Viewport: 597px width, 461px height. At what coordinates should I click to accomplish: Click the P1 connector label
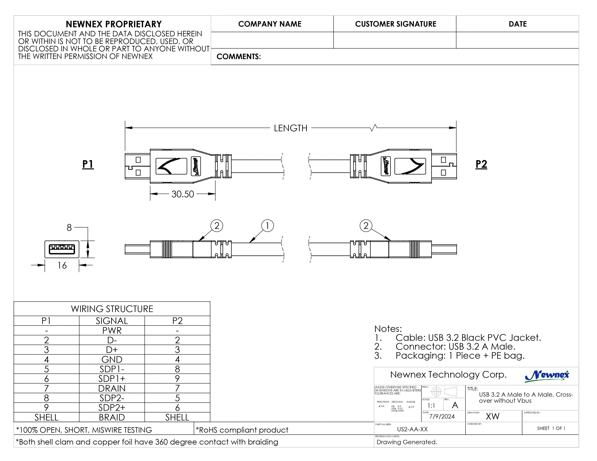pos(88,164)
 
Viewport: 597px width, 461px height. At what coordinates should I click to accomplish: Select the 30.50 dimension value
pos(183,194)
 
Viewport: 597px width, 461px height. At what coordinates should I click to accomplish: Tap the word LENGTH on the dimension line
pos(291,128)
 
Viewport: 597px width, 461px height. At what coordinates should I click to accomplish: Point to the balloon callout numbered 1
pos(267,226)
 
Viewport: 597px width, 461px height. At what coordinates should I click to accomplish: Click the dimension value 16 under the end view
pos(62,265)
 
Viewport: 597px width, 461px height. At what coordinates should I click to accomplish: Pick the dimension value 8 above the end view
pos(69,227)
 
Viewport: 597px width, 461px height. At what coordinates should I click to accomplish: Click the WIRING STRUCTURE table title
pos(112,309)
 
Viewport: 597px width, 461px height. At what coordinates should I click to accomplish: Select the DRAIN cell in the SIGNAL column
pos(112,388)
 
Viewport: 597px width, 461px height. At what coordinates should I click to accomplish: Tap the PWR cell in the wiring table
pos(112,331)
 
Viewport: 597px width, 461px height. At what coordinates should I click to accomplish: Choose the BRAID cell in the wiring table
pos(112,417)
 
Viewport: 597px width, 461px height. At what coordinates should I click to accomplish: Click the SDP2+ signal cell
pos(112,408)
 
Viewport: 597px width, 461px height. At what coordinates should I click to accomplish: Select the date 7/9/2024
pos(442,417)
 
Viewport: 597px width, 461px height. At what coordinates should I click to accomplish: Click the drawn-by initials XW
pos(493,417)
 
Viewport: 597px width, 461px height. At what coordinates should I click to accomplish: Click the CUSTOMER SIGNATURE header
pos(395,24)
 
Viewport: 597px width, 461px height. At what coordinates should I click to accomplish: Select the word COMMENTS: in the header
pos(239,57)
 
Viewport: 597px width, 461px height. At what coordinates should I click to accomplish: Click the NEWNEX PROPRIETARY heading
pos(114,24)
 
